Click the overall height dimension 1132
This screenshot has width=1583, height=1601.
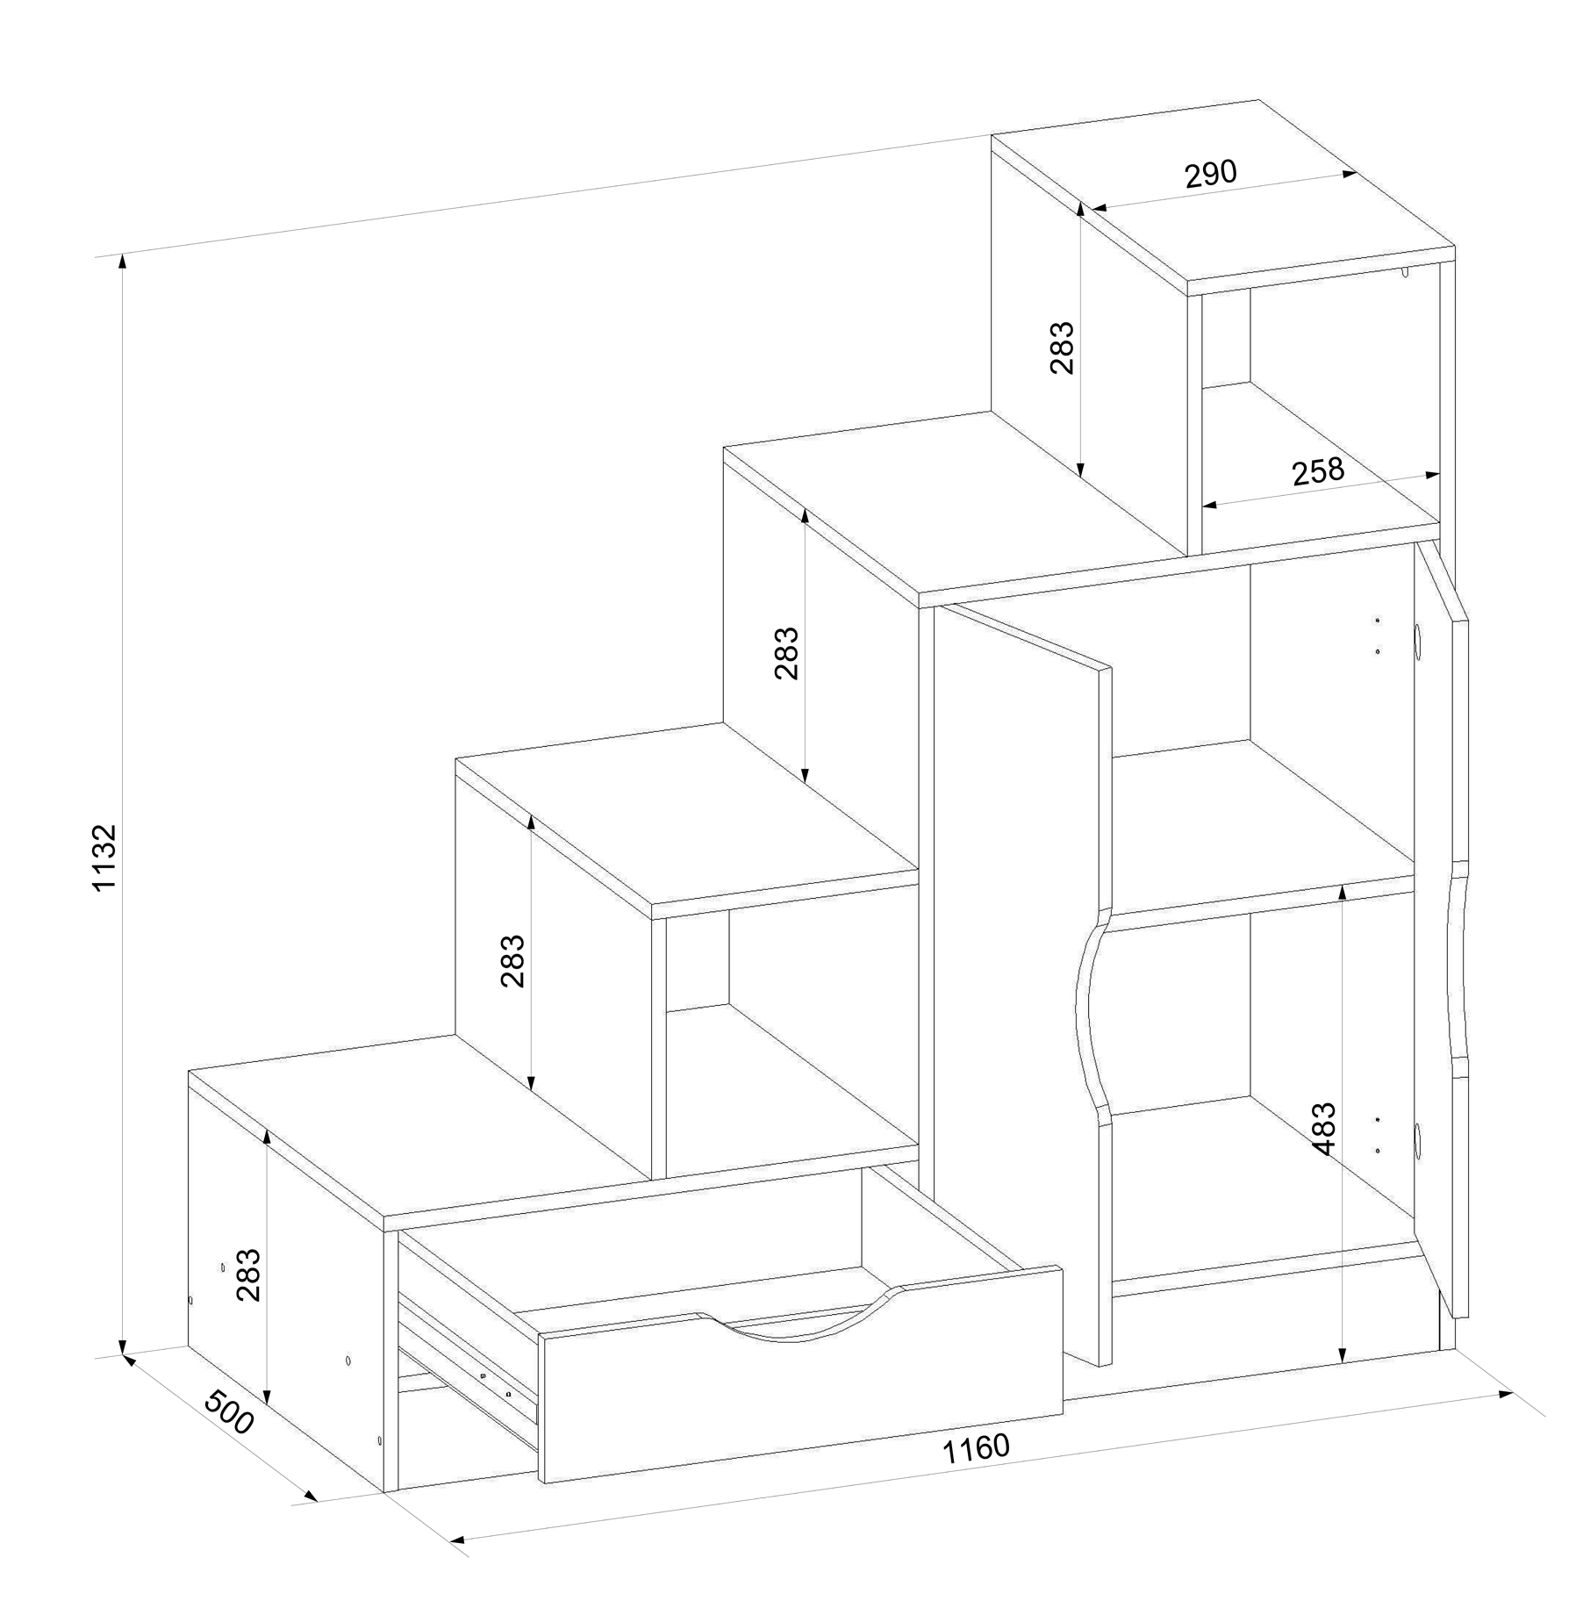[x=105, y=858]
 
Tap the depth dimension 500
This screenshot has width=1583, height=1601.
[x=229, y=1411]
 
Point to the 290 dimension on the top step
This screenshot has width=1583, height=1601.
[x=1211, y=174]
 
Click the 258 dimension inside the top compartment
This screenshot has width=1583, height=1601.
[x=1318, y=471]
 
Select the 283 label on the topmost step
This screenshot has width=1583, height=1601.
[x=1062, y=348]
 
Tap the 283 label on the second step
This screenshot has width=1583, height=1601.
[x=512, y=961]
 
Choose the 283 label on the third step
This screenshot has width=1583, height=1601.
[x=786, y=653]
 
